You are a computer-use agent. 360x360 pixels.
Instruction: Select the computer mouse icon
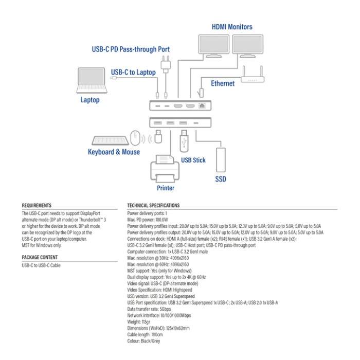coord(135,138)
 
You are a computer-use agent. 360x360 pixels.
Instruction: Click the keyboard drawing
coord(110,140)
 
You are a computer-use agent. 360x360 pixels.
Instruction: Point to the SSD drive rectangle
coord(221,160)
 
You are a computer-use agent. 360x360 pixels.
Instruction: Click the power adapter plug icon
coord(166,63)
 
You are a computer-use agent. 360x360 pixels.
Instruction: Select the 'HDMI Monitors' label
coord(232,26)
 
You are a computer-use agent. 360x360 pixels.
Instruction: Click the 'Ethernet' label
coord(222,83)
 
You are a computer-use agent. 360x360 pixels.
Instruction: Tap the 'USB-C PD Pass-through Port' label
coord(131,49)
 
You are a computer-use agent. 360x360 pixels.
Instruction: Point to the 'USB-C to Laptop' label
coord(133,72)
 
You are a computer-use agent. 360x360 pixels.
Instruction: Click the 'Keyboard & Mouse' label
coord(114,152)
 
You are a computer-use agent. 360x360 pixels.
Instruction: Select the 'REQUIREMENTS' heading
coord(37,205)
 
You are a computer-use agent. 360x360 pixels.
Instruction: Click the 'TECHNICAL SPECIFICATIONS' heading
coord(153,205)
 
